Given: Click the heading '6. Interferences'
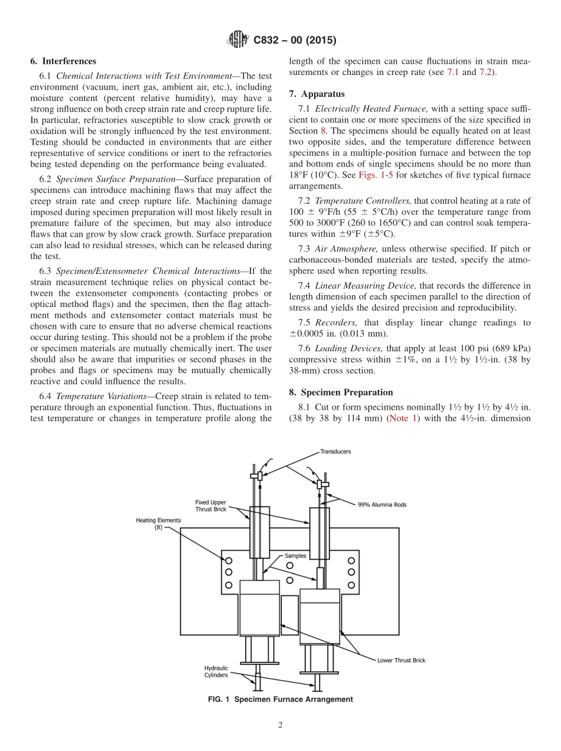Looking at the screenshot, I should (x=63, y=61).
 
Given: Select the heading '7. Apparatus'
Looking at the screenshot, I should (x=317, y=94).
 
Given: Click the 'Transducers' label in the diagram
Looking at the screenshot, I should (x=335, y=452).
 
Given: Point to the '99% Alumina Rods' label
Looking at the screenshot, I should (x=382, y=505).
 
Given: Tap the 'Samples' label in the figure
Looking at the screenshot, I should (x=295, y=556).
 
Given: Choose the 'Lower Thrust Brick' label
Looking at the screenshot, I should (x=402, y=660).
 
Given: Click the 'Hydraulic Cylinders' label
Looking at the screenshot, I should (x=216, y=671).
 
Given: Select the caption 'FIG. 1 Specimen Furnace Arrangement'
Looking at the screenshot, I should (x=280, y=699).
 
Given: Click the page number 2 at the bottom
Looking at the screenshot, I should (x=280, y=726).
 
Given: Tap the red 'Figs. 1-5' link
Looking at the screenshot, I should (x=376, y=176).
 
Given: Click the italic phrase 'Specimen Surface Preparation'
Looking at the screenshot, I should (x=110, y=179).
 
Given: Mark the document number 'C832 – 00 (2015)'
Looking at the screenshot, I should (x=295, y=41).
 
